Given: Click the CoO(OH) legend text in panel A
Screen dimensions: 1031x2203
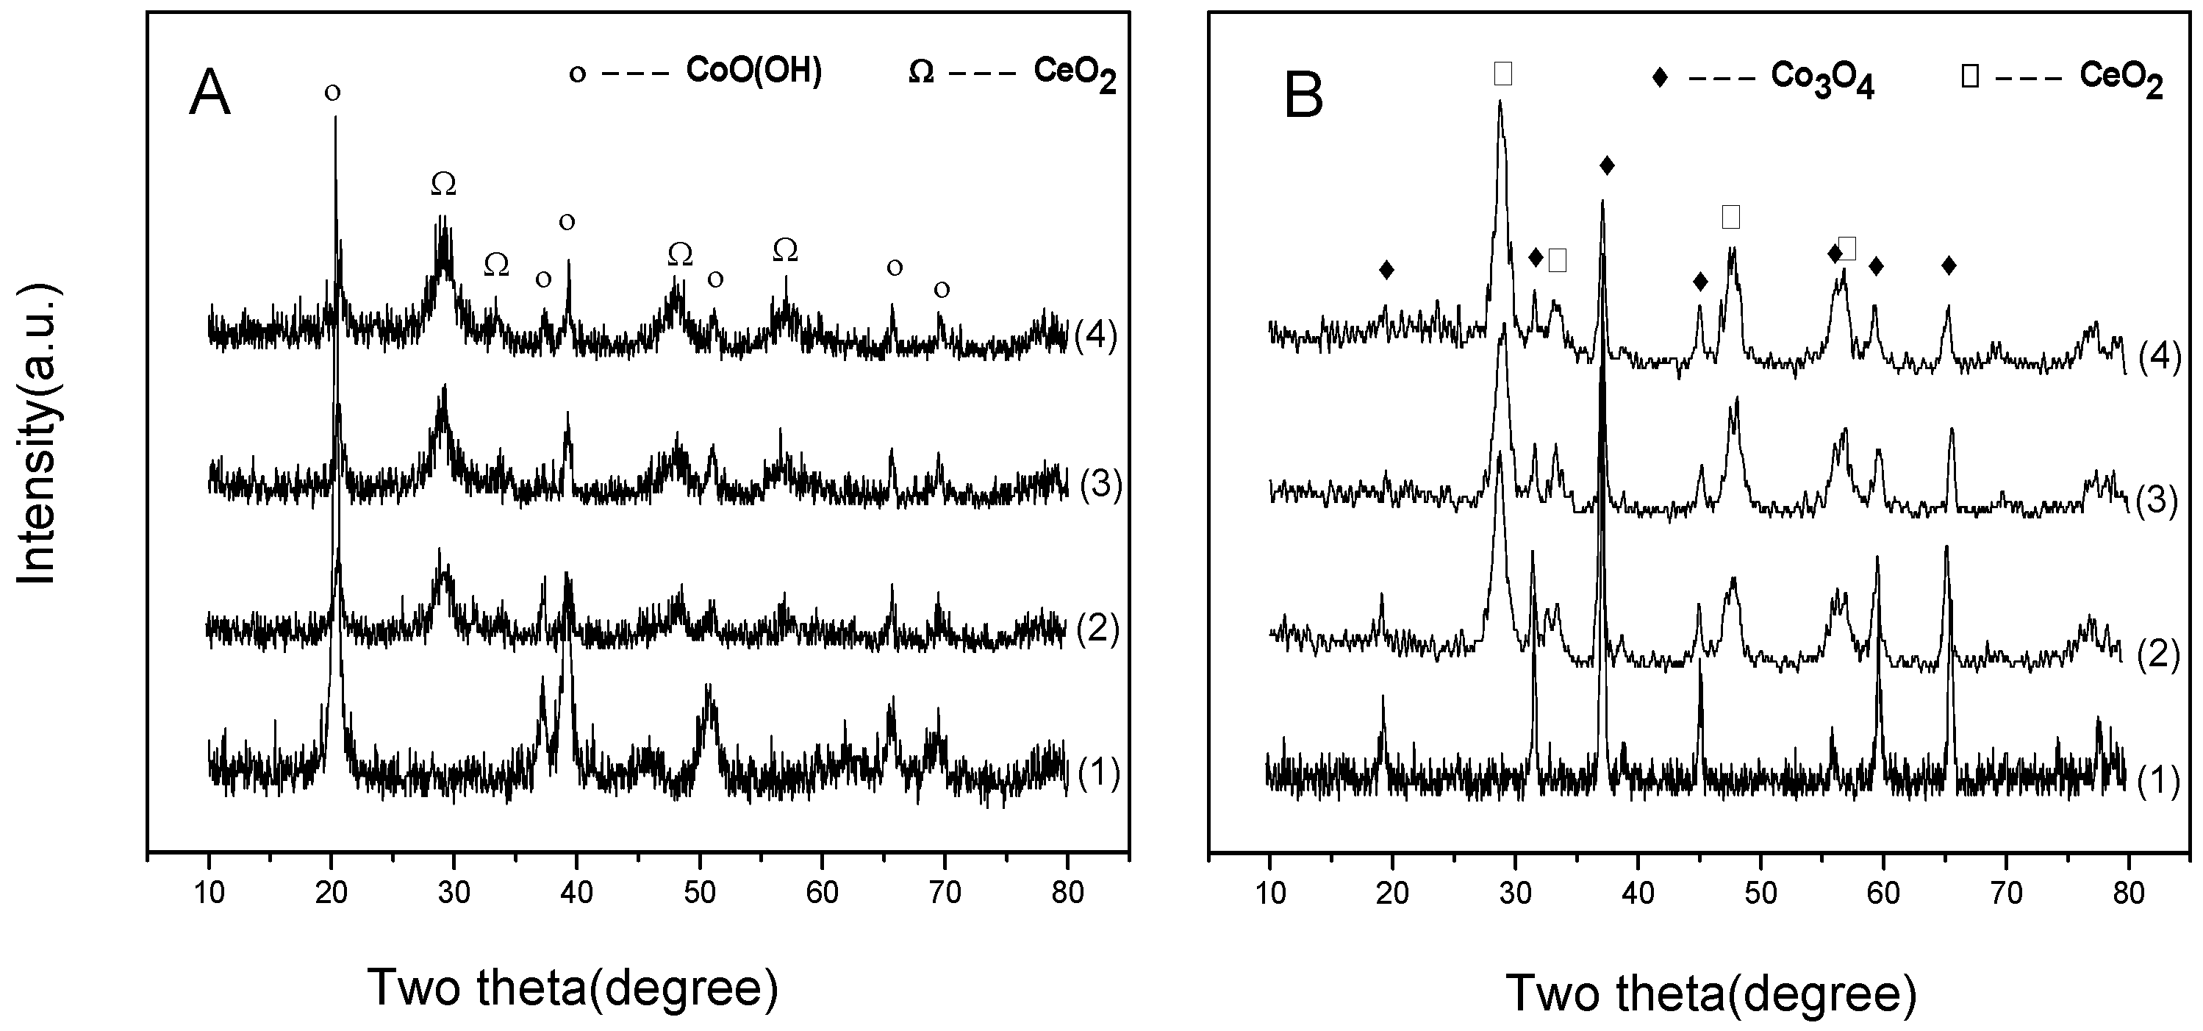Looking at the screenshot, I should click(x=753, y=72).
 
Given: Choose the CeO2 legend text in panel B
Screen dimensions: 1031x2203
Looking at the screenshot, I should click(x=2121, y=79).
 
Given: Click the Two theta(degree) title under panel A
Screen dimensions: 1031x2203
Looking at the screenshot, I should click(x=573, y=988).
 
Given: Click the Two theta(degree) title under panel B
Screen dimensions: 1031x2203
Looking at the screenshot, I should click(x=1711, y=993).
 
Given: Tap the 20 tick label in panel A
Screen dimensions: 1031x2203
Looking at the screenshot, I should click(x=331, y=893).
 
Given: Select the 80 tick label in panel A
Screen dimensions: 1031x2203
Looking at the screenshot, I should click(x=1067, y=893).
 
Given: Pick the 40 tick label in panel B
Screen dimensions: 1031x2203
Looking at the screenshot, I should click(x=1637, y=893).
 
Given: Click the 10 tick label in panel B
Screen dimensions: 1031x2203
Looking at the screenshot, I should click(x=1270, y=893).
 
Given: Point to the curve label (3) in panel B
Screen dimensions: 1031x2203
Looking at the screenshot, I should click(x=2156, y=502).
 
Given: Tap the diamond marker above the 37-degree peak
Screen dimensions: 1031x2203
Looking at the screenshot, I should click(x=1606, y=165).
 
